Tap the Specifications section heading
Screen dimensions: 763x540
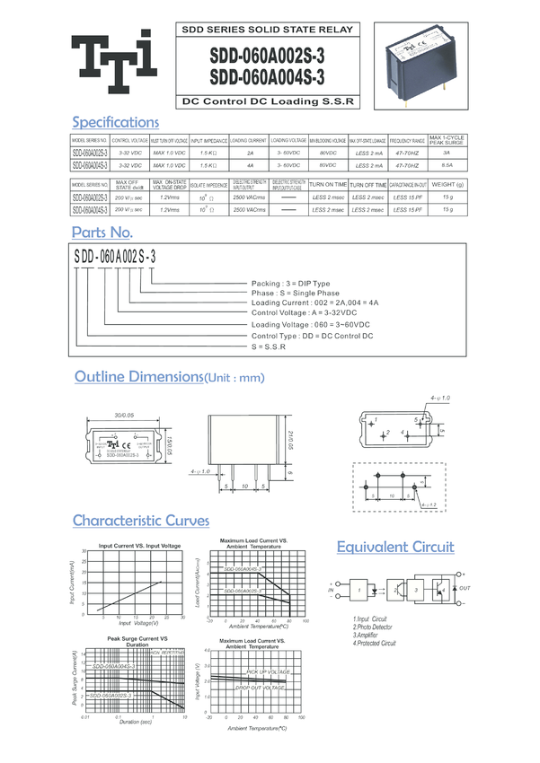[x=115, y=122]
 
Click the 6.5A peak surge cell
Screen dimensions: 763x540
[x=447, y=165]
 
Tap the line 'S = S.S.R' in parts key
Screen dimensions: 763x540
[x=270, y=346]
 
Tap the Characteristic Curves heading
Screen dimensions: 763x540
[x=140, y=521]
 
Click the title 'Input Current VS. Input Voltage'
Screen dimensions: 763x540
[x=139, y=546]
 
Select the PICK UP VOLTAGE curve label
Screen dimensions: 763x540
[x=267, y=671]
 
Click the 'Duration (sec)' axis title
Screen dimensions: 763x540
[x=135, y=722]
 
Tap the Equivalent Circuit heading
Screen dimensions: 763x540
[x=395, y=547]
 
